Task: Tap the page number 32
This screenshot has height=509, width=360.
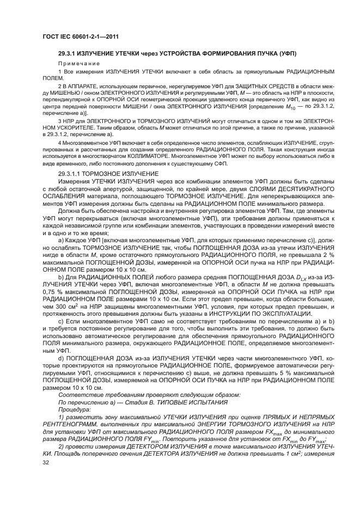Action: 46,462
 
